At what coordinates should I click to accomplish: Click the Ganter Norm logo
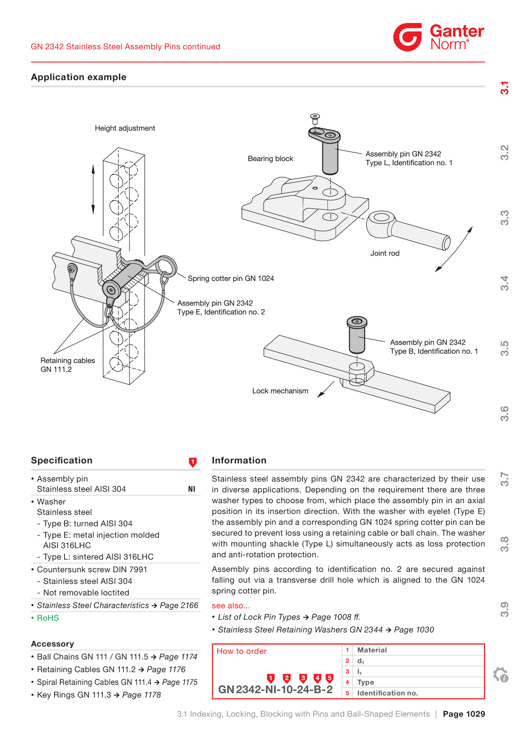click(x=439, y=37)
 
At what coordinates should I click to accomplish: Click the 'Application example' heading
click(x=79, y=77)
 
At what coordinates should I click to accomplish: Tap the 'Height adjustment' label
click(x=125, y=128)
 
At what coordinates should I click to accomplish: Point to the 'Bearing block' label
click(x=270, y=159)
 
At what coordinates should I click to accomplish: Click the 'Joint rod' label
click(x=385, y=253)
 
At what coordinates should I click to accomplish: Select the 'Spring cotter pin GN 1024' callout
click(x=231, y=278)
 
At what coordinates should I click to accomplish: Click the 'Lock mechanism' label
click(x=280, y=391)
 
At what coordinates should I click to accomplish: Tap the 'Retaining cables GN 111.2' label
click(x=68, y=365)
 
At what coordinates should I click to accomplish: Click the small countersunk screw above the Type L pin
click(x=315, y=119)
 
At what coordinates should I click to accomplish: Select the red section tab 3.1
click(x=504, y=88)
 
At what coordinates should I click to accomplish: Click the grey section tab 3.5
click(x=504, y=348)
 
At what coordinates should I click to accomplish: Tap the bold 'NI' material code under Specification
click(x=191, y=489)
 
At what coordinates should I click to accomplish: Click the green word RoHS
click(x=48, y=618)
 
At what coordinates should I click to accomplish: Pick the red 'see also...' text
click(x=231, y=606)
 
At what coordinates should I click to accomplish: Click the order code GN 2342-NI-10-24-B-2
click(x=275, y=690)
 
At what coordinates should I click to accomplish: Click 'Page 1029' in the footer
click(x=464, y=714)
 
